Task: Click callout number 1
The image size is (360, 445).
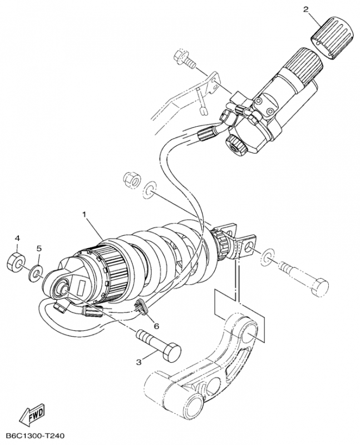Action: tap(85, 214)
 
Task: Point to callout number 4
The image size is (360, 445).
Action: tap(17, 238)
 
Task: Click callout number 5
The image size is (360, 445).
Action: tap(40, 248)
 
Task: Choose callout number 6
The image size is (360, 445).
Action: tap(156, 326)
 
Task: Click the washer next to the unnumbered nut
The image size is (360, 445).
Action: tap(149, 190)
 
